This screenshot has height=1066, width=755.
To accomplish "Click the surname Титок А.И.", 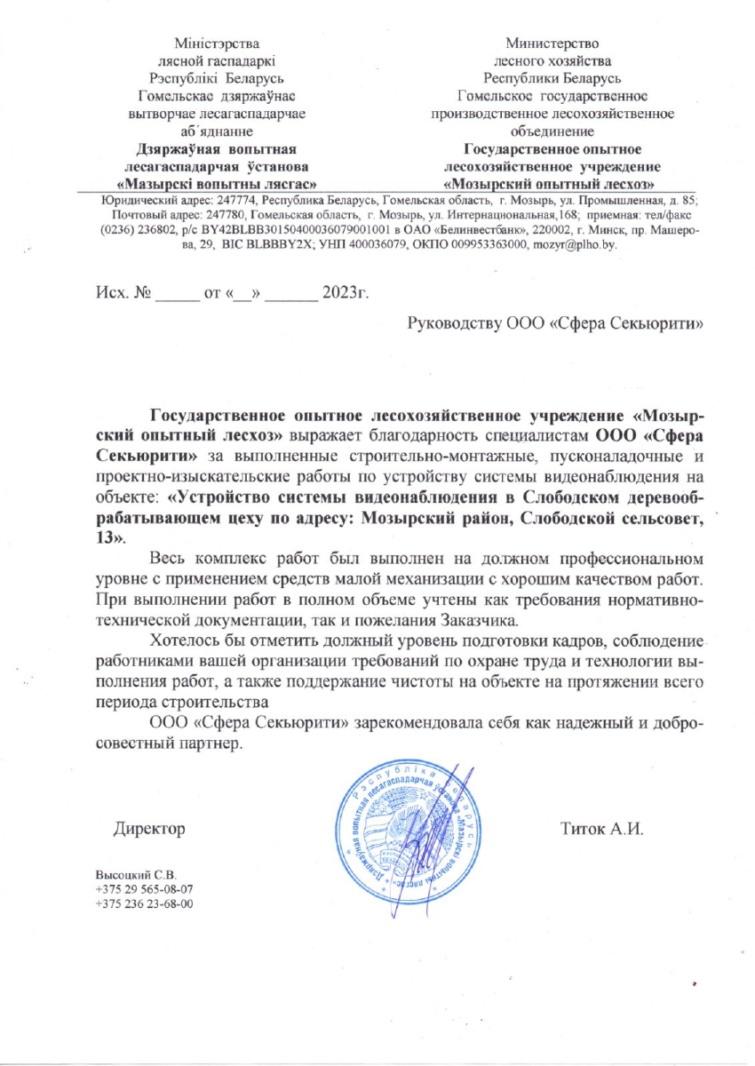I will (x=600, y=830).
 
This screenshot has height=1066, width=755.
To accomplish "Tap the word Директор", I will (x=148, y=830).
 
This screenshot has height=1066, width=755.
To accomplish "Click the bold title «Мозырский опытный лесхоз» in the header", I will (x=552, y=184).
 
